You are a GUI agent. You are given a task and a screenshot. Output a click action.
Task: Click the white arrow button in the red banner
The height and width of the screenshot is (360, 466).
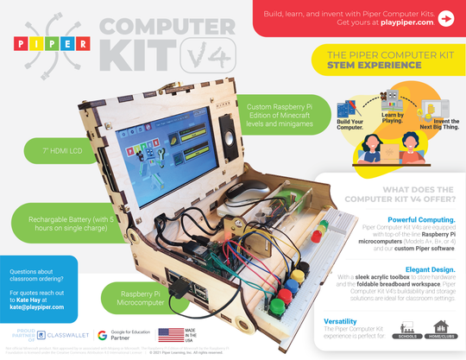pos(445,18)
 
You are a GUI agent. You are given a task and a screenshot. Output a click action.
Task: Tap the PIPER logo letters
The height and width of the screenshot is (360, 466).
pos(51,44)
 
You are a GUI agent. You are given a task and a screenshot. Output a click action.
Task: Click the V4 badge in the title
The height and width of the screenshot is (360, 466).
pos(206,55)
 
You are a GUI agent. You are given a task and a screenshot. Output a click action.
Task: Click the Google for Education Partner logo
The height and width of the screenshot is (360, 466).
pos(121,336)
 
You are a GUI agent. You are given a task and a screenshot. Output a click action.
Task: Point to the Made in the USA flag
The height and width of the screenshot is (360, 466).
pos(172,336)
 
